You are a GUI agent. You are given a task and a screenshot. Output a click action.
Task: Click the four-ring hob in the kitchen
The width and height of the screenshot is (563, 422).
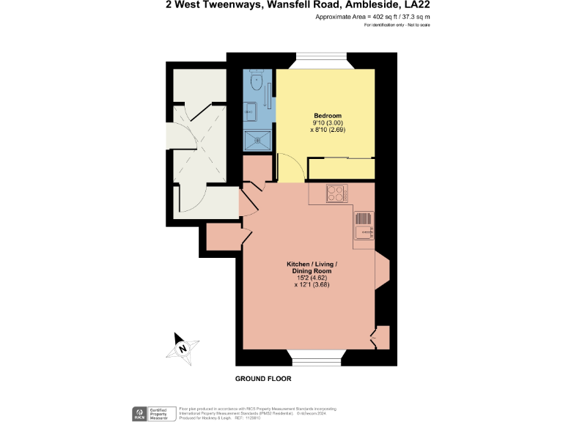[x=336, y=194]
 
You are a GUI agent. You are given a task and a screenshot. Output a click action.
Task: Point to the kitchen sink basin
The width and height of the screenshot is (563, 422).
[x=364, y=233]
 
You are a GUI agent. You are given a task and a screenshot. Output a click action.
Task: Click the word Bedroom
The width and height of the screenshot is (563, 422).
[x=328, y=116]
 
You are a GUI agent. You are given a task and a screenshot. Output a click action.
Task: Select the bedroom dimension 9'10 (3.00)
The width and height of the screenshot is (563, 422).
[x=328, y=122]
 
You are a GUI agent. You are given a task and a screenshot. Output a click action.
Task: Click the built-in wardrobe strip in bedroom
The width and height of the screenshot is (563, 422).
[x=341, y=168]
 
